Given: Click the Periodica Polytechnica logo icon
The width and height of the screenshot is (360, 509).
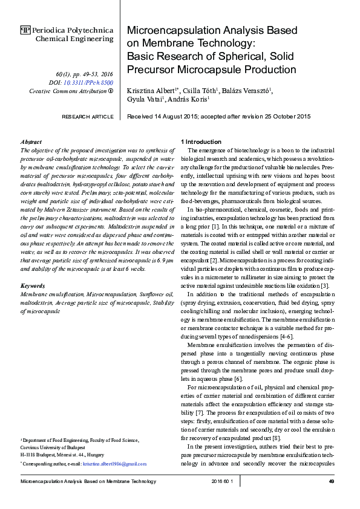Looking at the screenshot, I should click(x=26, y=30).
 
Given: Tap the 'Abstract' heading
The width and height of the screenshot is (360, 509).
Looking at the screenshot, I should click(x=31, y=141).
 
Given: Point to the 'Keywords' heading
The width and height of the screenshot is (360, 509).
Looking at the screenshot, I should click(x=33, y=284).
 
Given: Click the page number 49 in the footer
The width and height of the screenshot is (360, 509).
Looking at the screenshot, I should click(x=332, y=481).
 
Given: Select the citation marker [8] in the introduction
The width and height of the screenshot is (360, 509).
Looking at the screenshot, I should click(x=277, y=437).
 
